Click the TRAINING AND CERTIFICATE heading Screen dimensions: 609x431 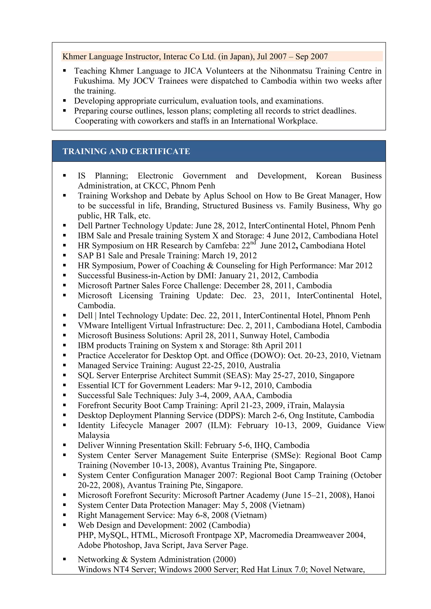[x=126, y=151]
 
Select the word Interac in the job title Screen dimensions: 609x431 [x=175, y=57]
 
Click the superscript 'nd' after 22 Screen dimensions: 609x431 [x=253, y=243]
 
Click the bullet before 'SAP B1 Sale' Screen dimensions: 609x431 [x=64, y=255]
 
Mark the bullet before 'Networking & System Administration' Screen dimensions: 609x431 [x=64, y=559]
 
